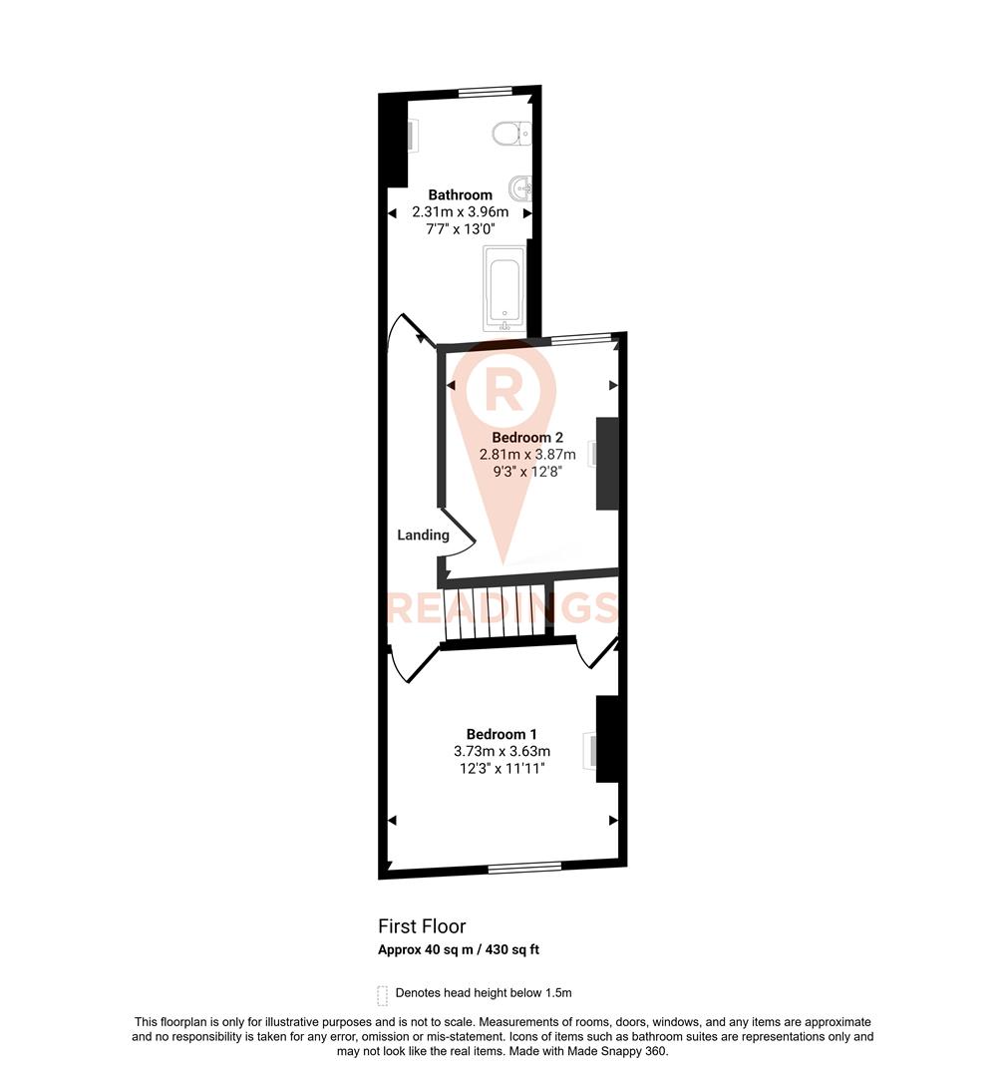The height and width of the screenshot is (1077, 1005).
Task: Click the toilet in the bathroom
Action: pyautogui.click(x=512, y=132)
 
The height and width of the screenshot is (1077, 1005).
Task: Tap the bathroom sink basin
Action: pyautogui.click(x=520, y=186)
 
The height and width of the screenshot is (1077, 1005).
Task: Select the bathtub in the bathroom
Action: pyautogui.click(x=504, y=289)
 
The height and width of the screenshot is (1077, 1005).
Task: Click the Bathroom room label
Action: pyautogui.click(x=460, y=194)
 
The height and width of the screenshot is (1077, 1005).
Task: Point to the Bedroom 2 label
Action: pyautogui.click(x=527, y=437)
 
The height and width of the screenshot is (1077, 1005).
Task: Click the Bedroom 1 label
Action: pyautogui.click(x=502, y=735)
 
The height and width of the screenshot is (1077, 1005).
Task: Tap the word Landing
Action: pyautogui.click(x=423, y=535)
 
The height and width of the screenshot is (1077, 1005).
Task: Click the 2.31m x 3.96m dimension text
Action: pyautogui.click(x=460, y=211)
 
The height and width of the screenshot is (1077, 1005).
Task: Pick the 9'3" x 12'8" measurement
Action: pyautogui.click(x=527, y=471)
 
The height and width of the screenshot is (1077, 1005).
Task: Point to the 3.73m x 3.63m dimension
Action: pyautogui.click(x=502, y=752)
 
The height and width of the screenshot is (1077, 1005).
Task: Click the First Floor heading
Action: pyautogui.click(x=422, y=926)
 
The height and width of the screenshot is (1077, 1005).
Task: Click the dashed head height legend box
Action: pyautogui.click(x=382, y=994)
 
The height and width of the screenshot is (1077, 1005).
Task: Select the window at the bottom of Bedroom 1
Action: pyautogui.click(x=525, y=867)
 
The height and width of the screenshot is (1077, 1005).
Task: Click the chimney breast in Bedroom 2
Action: pyautogui.click(x=607, y=463)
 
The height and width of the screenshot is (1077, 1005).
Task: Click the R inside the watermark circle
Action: pyautogui.click(x=504, y=390)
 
